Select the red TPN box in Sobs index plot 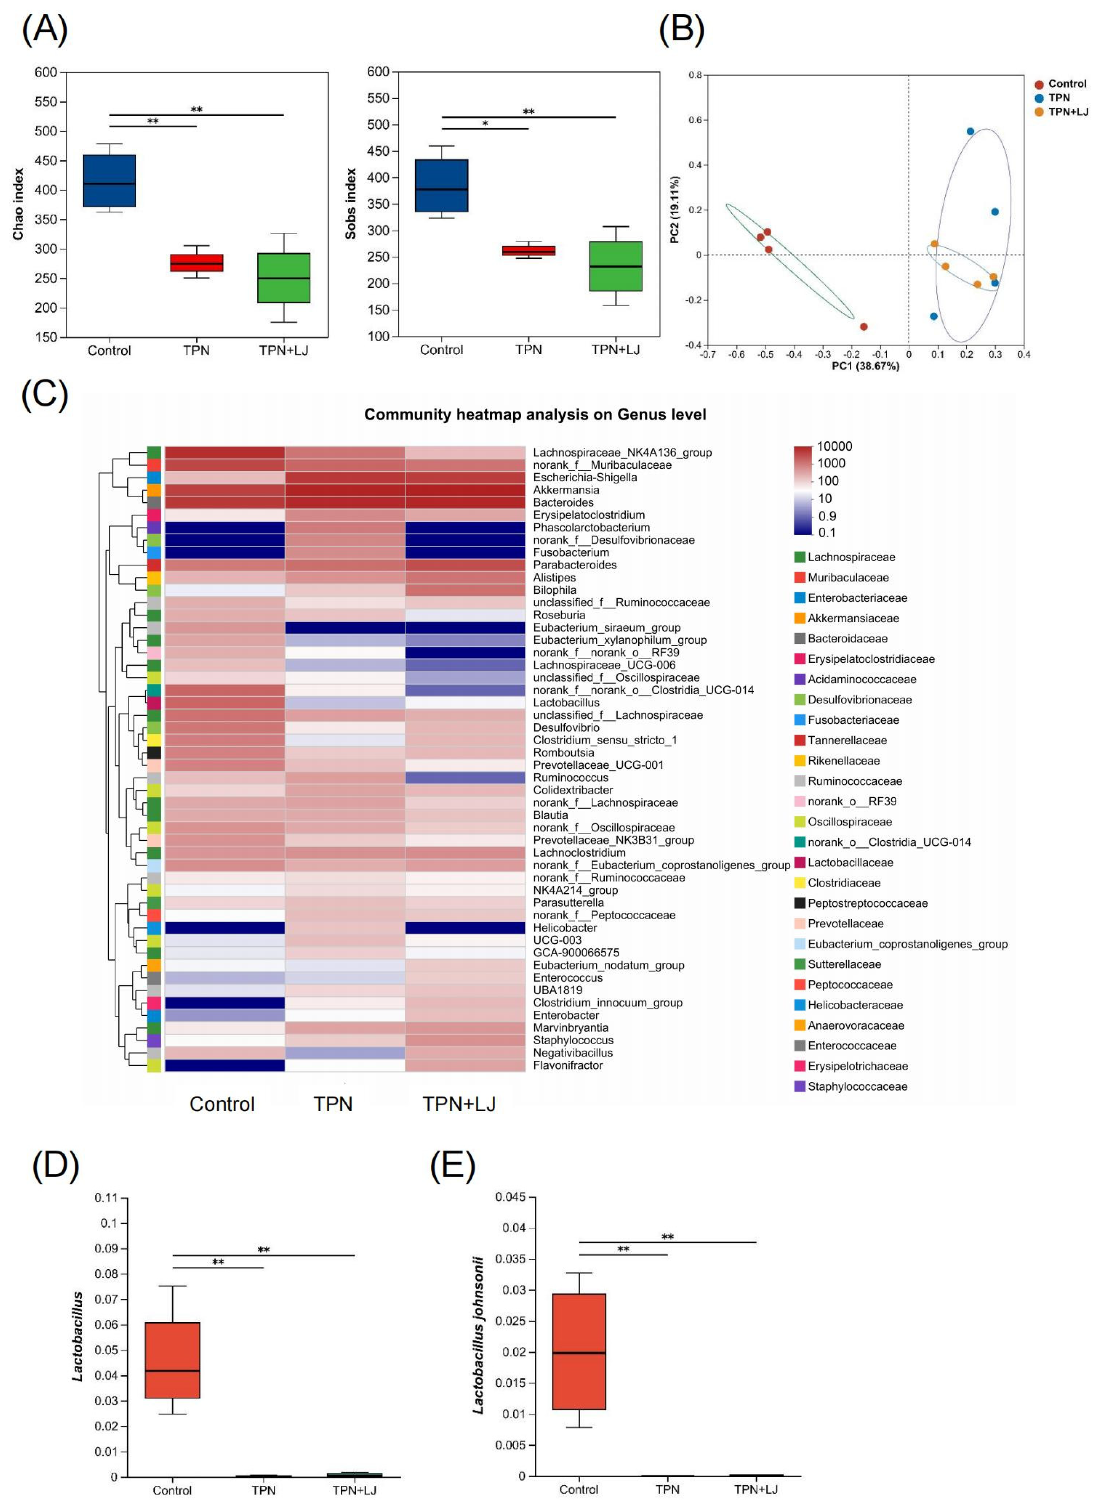click(x=529, y=250)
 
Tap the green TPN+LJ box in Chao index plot click(x=284, y=278)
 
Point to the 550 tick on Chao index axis click(x=46, y=102)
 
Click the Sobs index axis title click(x=350, y=204)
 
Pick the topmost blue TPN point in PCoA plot click(x=970, y=131)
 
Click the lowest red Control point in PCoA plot click(x=864, y=327)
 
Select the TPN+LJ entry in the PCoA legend click(x=1068, y=112)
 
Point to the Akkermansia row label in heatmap click(x=566, y=490)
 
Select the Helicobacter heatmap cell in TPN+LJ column click(x=465, y=927)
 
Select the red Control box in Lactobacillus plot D click(x=173, y=1360)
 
